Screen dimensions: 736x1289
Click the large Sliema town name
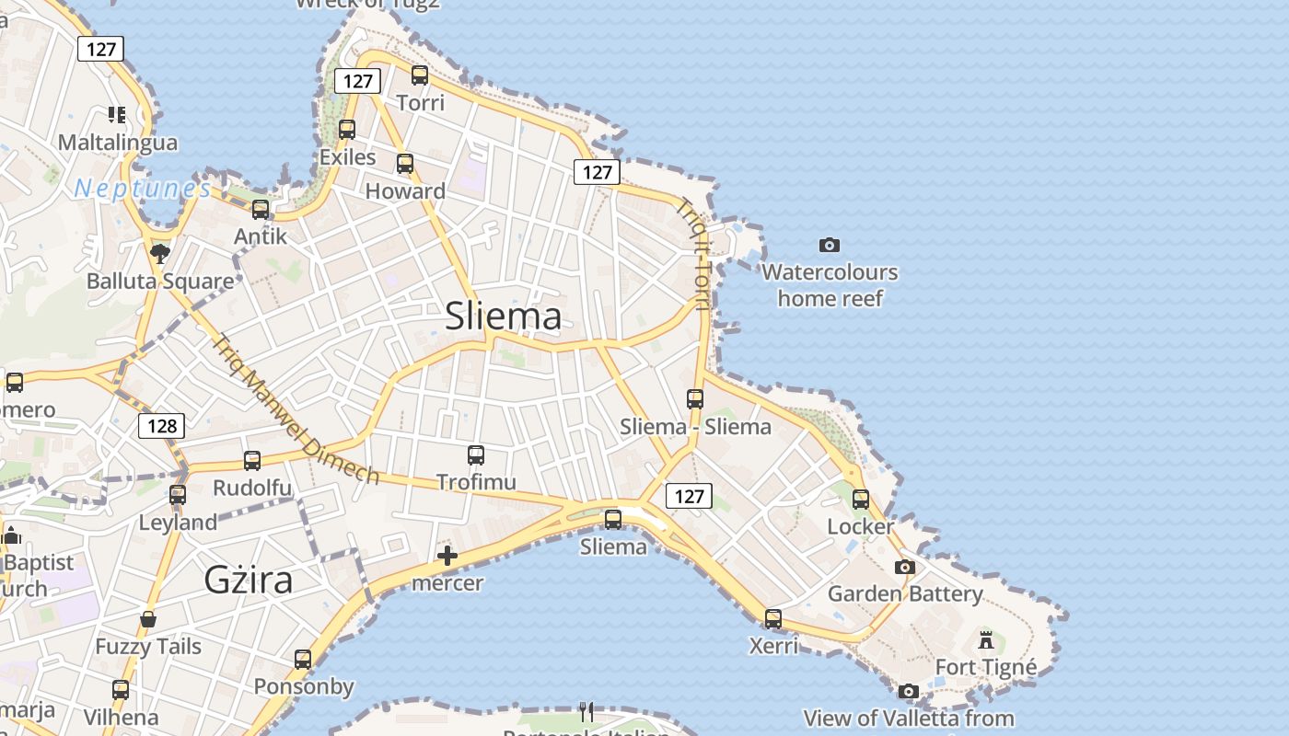coord(503,316)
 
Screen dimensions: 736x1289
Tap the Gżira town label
coord(248,580)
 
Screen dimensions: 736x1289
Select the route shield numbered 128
coord(162,426)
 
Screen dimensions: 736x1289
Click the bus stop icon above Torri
coord(420,75)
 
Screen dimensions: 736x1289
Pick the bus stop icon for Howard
coord(405,165)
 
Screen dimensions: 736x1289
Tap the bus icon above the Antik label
coord(261,210)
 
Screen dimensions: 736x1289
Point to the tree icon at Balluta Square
coord(160,253)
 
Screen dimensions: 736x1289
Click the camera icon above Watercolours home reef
coord(830,245)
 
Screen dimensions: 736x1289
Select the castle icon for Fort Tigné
coord(986,639)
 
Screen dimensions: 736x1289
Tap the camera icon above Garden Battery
coord(905,567)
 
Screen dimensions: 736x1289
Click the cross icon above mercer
coord(447,556)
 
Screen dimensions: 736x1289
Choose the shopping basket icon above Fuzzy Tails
coord(147,620)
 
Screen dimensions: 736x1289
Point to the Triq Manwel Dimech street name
coord(296,408)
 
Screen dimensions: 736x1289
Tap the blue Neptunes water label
coord(143,189)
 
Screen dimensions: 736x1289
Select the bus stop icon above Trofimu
coord(476,455)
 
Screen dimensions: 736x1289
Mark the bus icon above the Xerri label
coord(773,619)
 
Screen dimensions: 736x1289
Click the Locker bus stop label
coord(861,526)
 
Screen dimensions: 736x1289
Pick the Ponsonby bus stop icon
coord(303,660)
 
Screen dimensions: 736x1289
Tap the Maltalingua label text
coord(118,143)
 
